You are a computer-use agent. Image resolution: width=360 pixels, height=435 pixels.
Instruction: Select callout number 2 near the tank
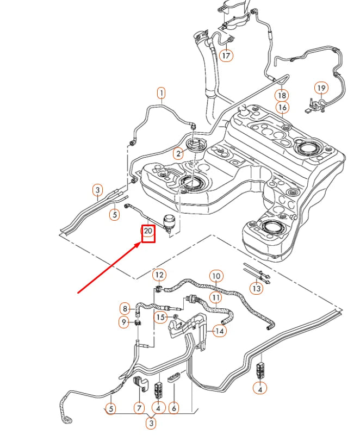pos(178,153)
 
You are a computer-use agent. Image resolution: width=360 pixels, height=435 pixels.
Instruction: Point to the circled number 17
pos(226,55)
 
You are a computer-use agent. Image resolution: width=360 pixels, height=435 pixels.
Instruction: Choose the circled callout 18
pos(282,95)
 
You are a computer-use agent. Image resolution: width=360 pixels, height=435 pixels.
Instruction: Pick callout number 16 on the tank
pos(282,108)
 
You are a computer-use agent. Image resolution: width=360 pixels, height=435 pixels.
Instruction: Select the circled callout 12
pos(159,275)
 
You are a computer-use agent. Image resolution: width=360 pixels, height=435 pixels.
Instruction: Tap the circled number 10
pos(216,276)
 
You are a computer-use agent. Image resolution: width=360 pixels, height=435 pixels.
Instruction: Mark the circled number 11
pos(216,297)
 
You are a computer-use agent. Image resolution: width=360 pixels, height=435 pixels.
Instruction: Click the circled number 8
pos(125,309)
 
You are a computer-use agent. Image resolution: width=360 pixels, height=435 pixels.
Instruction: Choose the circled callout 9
pos(125,322)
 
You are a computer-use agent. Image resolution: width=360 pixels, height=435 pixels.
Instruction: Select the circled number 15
pos(160,316)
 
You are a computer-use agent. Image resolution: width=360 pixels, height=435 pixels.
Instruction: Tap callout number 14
pos(219,330)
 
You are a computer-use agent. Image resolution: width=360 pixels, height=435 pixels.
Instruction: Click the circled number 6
pos(174,407)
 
